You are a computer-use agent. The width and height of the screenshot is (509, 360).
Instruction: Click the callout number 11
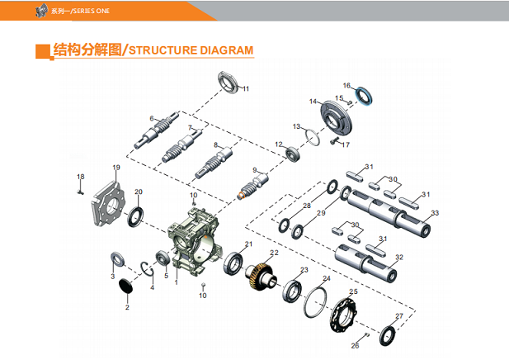245,88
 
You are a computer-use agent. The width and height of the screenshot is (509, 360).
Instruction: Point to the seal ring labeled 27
386,335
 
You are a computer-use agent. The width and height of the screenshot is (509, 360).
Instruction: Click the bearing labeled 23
291,290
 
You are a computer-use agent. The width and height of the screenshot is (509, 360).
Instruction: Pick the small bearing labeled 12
292,154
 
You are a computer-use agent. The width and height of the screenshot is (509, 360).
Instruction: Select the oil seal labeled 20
134,216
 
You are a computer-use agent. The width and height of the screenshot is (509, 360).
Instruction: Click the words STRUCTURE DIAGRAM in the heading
191,50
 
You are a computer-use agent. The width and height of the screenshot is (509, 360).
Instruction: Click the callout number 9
256,170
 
